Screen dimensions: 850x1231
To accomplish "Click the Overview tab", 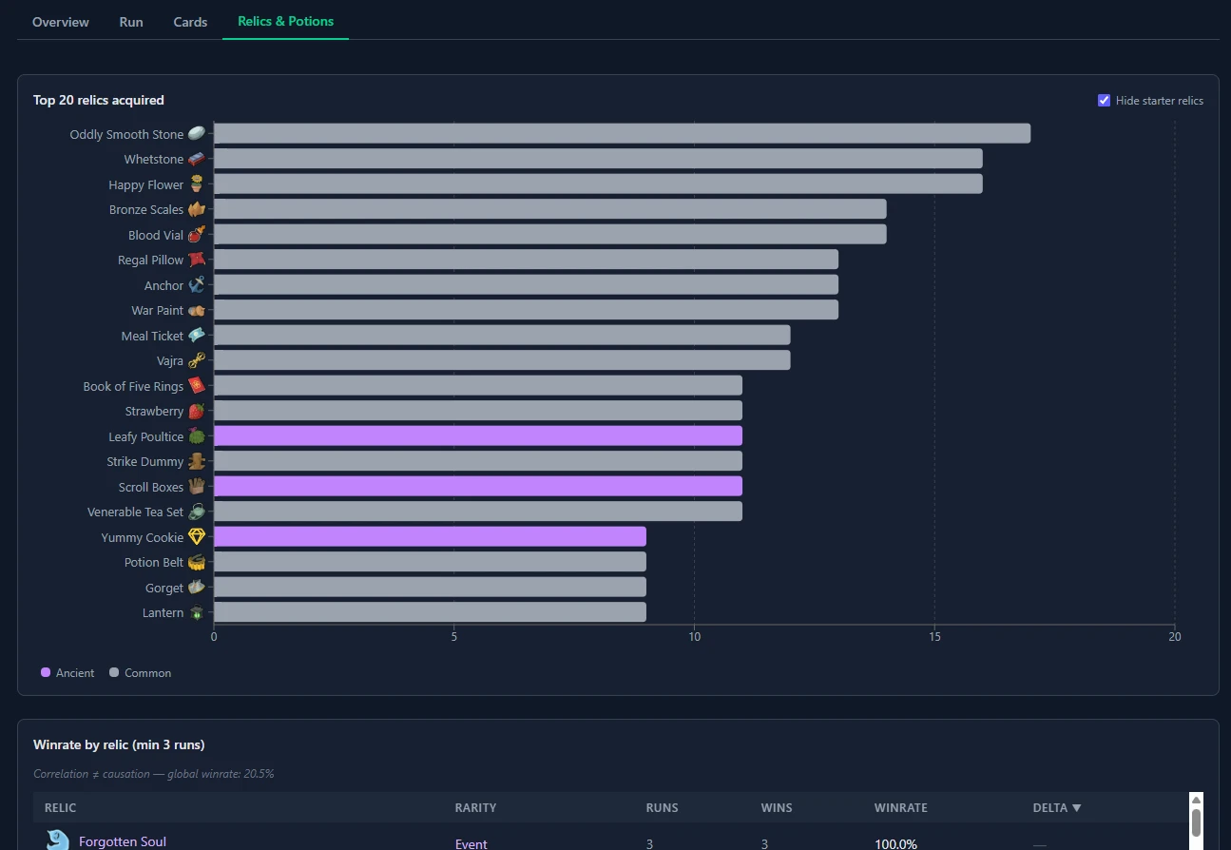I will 61,22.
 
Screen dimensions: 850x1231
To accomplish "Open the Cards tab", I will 190,22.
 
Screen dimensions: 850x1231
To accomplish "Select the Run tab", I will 131,22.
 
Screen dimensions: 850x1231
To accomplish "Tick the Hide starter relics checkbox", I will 1104,101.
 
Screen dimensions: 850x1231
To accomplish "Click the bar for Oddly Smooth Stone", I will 622,134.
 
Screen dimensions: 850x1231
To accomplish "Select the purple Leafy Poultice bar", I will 477,436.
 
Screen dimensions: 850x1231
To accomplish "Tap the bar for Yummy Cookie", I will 430,537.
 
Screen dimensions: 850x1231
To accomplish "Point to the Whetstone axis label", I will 153,160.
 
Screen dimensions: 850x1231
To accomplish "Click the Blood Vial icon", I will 196,235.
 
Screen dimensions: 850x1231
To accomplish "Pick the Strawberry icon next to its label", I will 196,412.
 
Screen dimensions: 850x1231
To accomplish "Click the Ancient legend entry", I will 67,673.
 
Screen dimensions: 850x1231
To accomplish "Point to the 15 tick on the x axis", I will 934,637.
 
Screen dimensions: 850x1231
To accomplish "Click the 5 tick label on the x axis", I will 454,637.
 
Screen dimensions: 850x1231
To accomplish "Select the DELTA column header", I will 1056,808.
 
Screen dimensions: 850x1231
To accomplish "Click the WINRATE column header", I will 900,808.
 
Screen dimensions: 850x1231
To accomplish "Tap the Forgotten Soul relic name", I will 123,841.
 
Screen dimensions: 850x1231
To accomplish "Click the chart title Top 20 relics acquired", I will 99,101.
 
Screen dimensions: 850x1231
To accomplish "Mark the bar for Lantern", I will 430,612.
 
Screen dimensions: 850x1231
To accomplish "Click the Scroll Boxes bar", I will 477,487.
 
